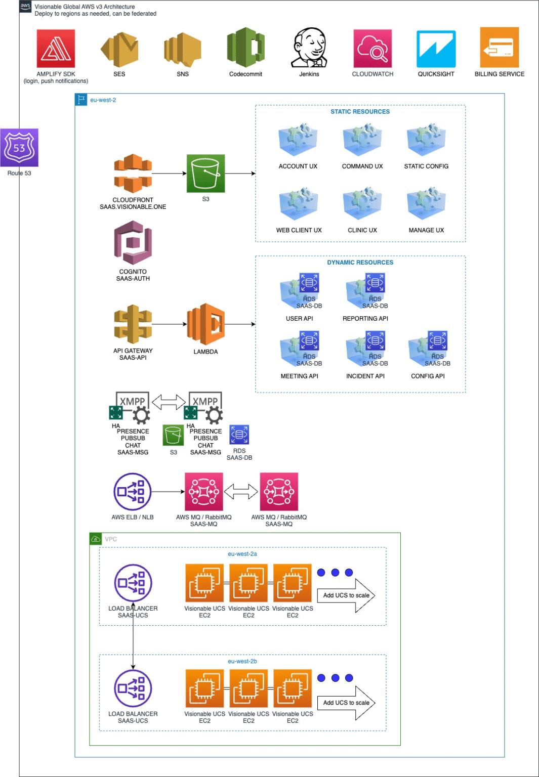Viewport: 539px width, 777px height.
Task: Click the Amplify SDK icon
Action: click(56, 49)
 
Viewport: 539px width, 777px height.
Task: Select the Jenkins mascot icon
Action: click(309, 48)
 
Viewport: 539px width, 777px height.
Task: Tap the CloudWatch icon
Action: click(372, 49)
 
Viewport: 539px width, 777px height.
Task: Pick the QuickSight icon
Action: click(436, 49)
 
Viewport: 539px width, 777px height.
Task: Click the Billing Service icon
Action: click(499, 48)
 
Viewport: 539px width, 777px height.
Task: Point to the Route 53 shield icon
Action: click(19, 148)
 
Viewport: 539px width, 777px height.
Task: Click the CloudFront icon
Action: click(133, 174)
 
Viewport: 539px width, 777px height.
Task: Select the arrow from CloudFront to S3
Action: click(169, 174)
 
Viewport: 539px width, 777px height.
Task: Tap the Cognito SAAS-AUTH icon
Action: click(133, 243)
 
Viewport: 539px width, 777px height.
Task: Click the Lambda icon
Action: click(205, 324)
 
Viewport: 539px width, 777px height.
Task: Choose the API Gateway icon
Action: click(133, 324)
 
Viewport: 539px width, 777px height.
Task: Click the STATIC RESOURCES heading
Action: click(360, 112)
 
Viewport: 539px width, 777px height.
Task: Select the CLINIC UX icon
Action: click(362, 203)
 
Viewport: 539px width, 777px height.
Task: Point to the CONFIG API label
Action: click(428, 376)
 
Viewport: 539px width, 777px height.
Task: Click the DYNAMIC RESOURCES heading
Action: click(360, 263)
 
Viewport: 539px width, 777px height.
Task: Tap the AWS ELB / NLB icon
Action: click(133, 492)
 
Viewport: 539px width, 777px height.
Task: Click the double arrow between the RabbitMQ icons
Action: click(241, 492)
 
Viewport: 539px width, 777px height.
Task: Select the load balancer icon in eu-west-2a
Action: click(133, 583)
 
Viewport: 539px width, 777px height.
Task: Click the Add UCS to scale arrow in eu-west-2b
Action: click(347, 703)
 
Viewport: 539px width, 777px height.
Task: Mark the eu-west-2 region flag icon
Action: click(81, 100)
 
